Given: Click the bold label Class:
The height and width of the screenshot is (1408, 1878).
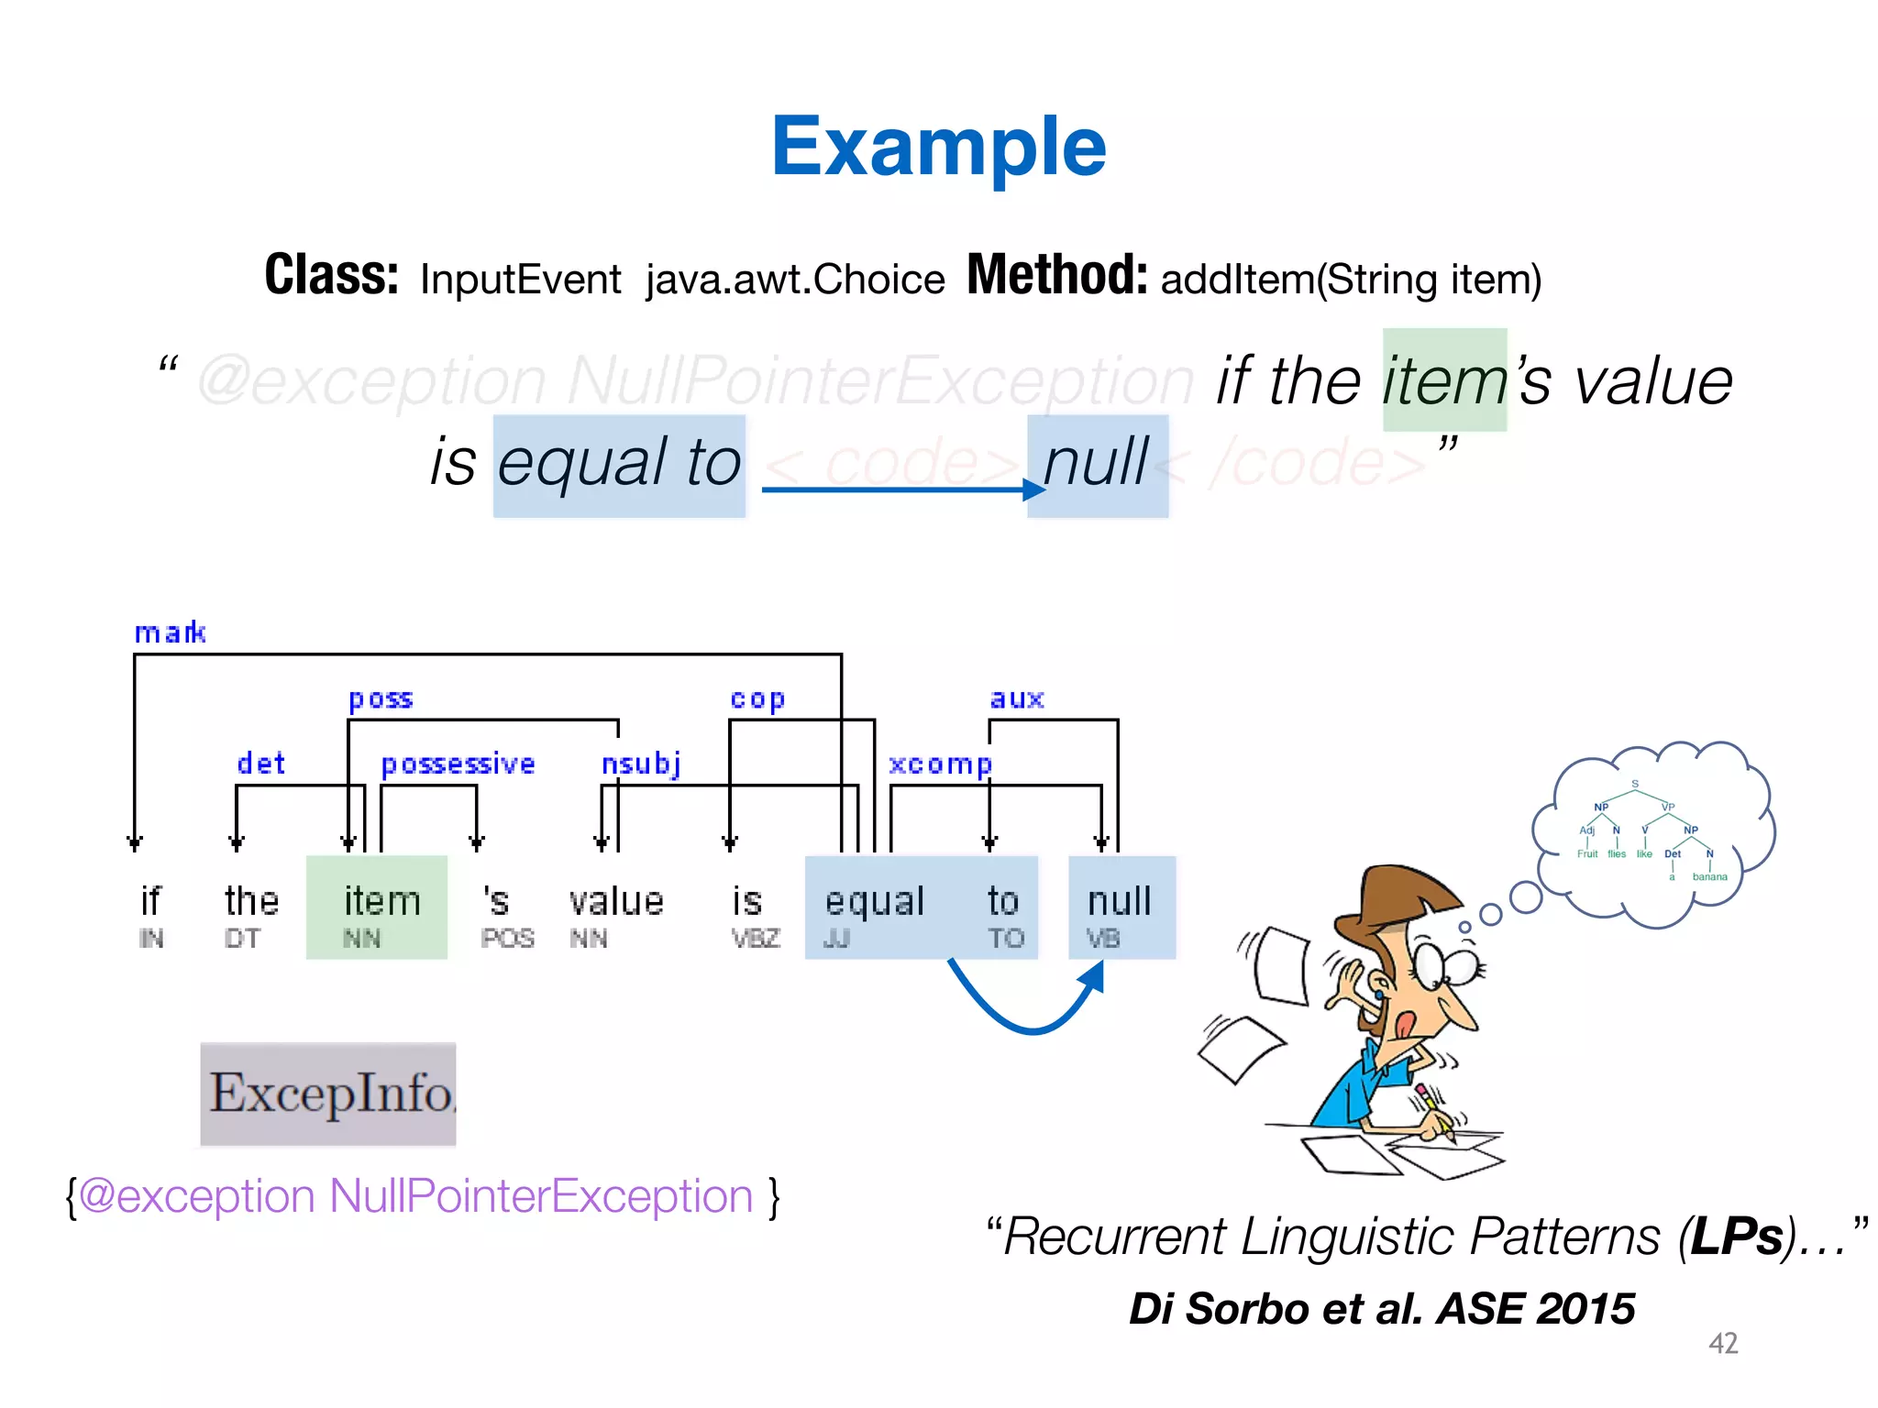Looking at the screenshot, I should point(331,275).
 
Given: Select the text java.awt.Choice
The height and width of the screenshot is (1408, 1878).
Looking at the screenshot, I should point(794,280).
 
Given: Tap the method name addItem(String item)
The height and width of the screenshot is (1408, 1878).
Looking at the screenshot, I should point(1351,280).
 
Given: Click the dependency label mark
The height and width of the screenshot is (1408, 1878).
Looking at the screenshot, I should point(170,632).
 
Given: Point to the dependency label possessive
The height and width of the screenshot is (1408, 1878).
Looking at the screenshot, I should point(458,764).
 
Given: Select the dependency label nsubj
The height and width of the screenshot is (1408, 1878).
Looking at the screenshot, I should point(641,764).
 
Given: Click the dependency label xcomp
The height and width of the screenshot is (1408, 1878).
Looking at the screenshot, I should point(940,764).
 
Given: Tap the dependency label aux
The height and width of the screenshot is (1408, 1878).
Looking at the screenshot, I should point(1017,698).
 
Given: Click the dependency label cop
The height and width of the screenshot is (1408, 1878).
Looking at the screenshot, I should point(757,698).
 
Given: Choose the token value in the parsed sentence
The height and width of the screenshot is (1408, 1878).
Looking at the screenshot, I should point(615,901).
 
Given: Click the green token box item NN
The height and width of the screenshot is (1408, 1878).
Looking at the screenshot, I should point(377,907).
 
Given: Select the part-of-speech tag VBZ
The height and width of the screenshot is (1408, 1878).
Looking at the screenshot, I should point(756,939).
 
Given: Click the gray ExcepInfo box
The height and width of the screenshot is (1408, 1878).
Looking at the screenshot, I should point(328,1094).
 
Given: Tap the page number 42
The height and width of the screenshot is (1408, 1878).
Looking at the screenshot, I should point(1723,1343).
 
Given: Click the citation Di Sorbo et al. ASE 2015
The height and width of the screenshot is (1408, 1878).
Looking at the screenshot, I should point(1381,1308).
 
